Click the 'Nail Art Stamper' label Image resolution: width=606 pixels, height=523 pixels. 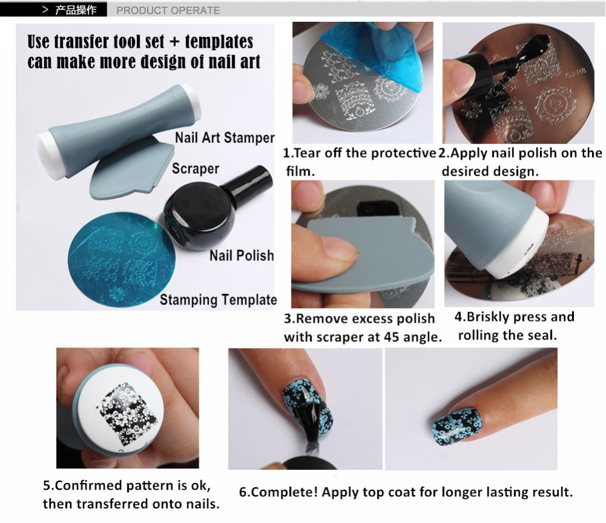(x=225, y=137)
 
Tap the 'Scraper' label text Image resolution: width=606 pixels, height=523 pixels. (x=196, y=169)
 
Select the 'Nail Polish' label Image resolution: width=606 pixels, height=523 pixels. (x=242, y=255)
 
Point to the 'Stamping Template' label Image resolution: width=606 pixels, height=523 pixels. (x=218, y=300)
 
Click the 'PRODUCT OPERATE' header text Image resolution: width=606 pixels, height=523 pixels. (x=168, y=10)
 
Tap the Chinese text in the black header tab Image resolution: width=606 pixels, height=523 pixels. (x=76, y=10)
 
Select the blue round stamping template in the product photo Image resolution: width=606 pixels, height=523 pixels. (x=122, y=259)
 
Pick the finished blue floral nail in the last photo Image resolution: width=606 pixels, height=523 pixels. (x=457, y=427)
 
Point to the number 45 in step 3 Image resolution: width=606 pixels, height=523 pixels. (x=391, y=337)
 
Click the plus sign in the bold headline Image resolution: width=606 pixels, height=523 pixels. (x=175, y=42)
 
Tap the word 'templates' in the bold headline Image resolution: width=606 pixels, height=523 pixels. (x=219, y=42)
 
